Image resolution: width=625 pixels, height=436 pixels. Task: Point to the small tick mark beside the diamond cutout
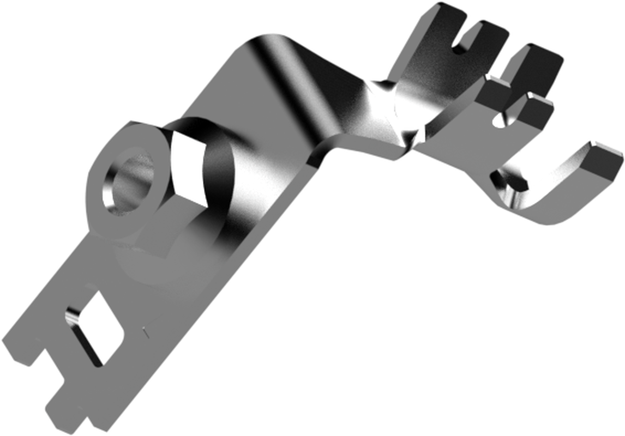145,330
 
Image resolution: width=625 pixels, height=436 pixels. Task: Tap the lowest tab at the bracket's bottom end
65,414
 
